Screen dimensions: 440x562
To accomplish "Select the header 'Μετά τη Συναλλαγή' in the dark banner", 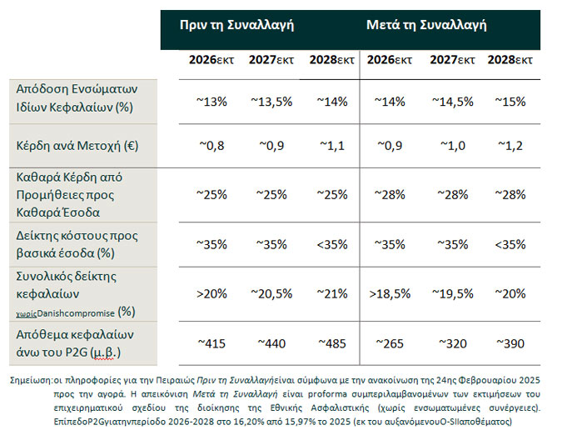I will pyautogui.click(x=426, y=25).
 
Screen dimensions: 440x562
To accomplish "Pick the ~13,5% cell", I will pyautogui.click(x=267, y=101).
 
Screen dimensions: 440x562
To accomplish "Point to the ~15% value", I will pyautogui.click(x=510, y=101).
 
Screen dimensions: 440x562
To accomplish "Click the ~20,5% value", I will pyautogui.click(x=267, y=294).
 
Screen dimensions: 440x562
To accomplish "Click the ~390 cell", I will pyautogui.click(x=510, y=342).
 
